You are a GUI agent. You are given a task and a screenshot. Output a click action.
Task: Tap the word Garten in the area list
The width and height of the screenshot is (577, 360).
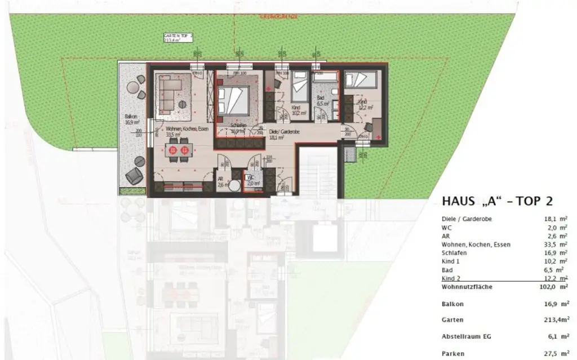[452, 319]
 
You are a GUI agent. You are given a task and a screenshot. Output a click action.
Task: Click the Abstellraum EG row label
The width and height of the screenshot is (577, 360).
[466, 336]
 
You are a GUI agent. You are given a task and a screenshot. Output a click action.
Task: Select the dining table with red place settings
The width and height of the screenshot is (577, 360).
[179, 150]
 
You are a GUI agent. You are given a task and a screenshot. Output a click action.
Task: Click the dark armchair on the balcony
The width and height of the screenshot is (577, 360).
[135, 176]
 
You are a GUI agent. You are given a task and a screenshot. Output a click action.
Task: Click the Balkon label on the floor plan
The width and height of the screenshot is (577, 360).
[131, 117]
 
